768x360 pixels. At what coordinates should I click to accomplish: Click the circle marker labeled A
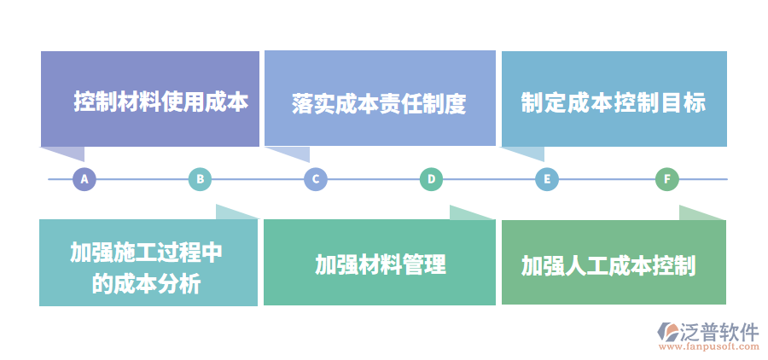tap(84, 179)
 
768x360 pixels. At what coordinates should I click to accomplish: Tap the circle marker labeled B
tap(200, 179)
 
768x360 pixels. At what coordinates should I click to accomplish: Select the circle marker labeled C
tap(316, 179)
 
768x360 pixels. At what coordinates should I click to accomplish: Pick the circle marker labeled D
tap(432, 179)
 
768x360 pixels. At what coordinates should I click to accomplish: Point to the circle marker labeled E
tap(547, 179)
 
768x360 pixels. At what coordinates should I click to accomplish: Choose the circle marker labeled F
tap(667, 179)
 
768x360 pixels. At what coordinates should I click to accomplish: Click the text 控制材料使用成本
tap(160, 102)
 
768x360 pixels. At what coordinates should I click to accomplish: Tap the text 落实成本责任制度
tap(379, 104)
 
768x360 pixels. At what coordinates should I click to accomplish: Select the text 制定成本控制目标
tap(614, 103)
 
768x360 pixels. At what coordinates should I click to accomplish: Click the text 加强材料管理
tap(380, 264)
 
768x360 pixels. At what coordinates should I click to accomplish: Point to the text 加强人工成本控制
tap(608, 266)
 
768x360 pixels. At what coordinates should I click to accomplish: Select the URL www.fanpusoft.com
tap(709, 347)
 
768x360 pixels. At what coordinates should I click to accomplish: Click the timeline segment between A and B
tap(142, 179)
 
